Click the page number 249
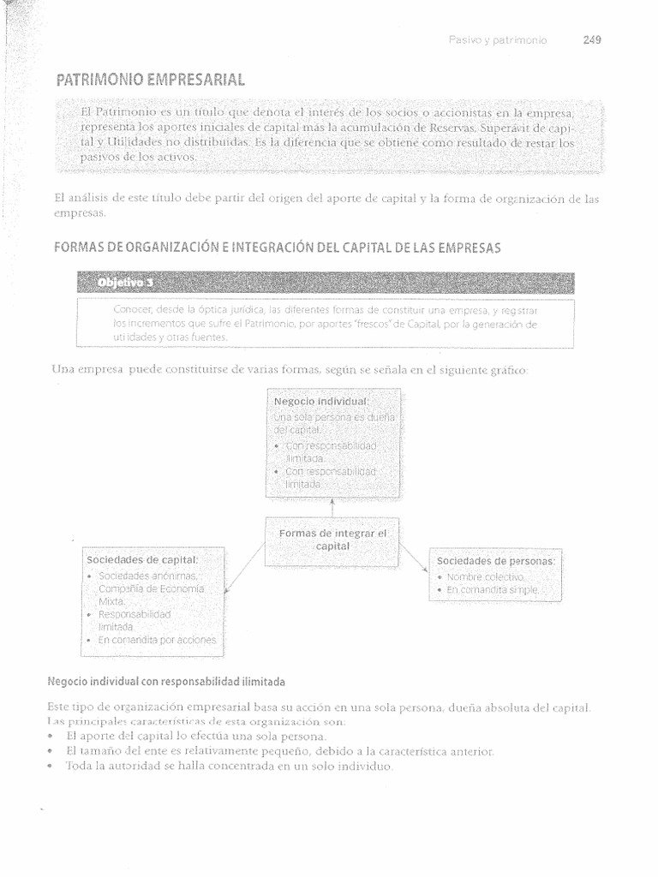[592, 39]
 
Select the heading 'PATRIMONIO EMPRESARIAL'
[150, 81]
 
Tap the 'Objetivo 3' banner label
[127, 283]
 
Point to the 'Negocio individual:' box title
[321, 401]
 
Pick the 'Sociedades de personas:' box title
[496, 561]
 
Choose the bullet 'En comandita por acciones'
[158, 640]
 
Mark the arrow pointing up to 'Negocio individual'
[332, 508]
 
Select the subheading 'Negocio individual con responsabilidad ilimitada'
[166, 682]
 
